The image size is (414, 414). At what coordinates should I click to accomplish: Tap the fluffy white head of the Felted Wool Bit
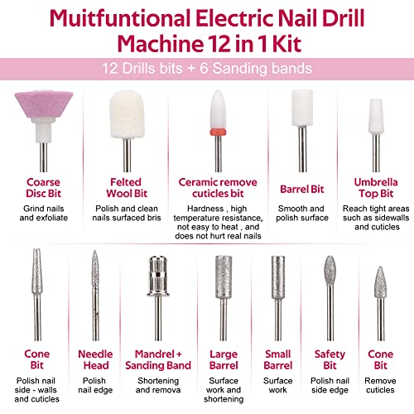[x=127, y=114]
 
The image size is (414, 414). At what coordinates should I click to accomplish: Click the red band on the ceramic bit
[x=218, y=132]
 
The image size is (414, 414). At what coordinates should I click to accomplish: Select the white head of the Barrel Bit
[x=302, y=108]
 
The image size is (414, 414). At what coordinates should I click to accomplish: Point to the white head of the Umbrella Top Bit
[x=376, y=117]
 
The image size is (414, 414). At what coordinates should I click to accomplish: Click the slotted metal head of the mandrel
[x=158, y=276]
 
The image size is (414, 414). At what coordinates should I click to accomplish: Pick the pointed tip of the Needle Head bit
[x=94, y=251]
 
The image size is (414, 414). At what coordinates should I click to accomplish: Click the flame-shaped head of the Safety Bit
[x=330, y=271]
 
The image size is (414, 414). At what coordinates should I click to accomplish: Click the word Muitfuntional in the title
[x=119, y=19]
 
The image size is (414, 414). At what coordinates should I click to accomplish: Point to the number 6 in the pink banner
[x=204, y=68]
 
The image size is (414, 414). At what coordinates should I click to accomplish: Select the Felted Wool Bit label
[x=127, y=188]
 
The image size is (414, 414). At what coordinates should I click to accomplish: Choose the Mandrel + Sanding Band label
[x=158, y=359]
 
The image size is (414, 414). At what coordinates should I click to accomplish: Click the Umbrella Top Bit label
[x=376, y=188]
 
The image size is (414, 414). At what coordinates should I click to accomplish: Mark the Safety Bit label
[x=330, y=359]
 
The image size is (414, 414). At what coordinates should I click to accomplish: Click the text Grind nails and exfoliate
[x=44, y=213]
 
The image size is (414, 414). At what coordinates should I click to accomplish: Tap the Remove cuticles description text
[x=380, y=385]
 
